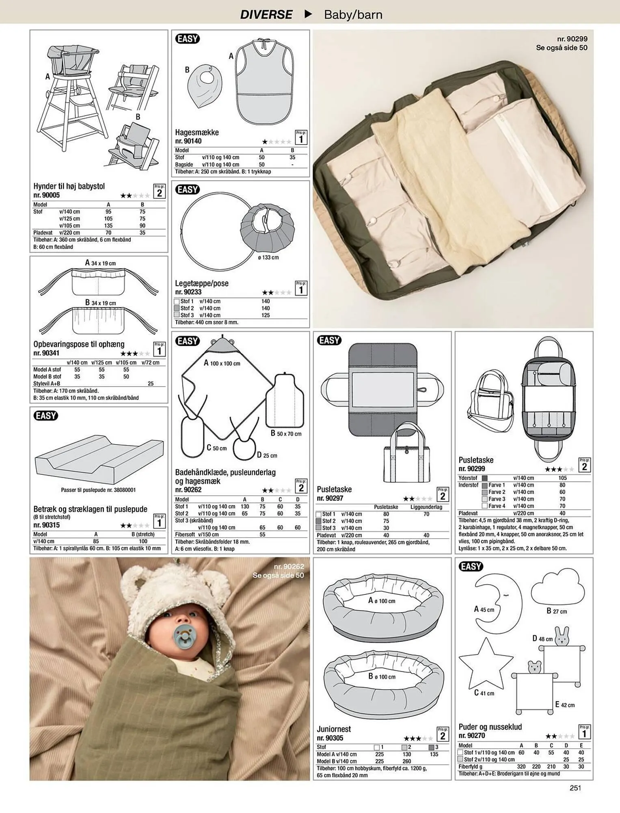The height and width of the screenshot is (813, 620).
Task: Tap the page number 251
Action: click(575, 788)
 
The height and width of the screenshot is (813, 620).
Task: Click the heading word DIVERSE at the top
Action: click(266, 15)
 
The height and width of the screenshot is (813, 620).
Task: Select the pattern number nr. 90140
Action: click(188, 141)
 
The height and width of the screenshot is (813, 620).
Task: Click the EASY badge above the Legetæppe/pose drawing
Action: click(188, 189)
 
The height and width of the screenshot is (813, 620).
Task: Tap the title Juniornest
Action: click(334, 729)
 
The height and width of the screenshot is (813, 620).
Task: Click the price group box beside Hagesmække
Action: click(301, 137)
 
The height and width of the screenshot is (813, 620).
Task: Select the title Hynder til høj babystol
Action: click(69, 186)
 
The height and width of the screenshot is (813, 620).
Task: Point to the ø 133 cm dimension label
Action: click(268, 257)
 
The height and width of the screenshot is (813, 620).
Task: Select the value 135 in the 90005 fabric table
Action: click(108, 226)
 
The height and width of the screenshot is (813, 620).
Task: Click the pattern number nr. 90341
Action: click(46, 353)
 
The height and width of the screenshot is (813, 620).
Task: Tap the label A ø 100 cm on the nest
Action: click(382, 600)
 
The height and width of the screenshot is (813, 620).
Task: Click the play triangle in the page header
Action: click(309, 14)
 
